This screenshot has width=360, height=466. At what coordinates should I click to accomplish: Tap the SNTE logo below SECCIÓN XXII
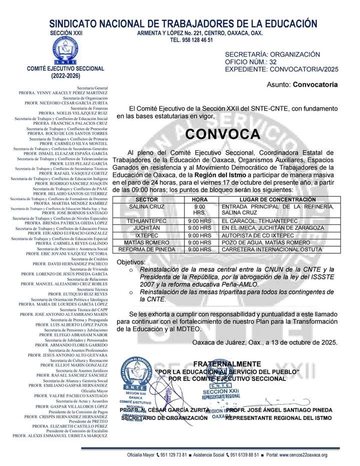66,49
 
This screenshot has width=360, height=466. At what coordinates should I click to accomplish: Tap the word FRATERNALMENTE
227,363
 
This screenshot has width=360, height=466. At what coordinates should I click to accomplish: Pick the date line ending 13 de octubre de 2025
264,343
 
